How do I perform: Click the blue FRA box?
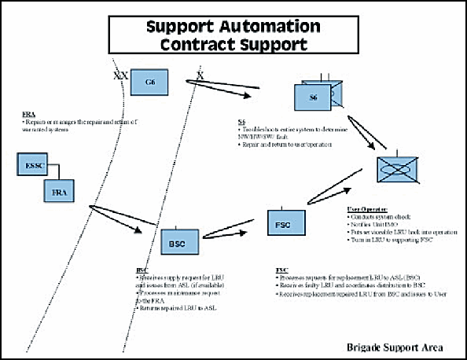[57, 191]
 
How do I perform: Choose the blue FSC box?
[283, 223]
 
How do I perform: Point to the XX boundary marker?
[121, 76]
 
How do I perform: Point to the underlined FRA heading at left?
[28, 115]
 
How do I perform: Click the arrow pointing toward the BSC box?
[116, 220]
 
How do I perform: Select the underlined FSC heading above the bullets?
[281, 270]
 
